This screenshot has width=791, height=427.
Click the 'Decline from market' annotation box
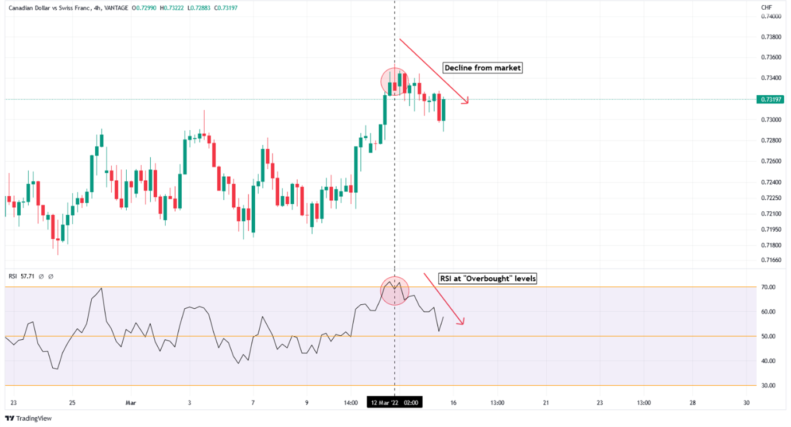[x=483, y=68]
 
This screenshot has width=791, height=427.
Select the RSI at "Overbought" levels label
[x=488, y=279]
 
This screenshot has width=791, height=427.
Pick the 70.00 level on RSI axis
[x=768, y=287]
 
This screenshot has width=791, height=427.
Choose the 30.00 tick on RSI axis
[x=768, y=386]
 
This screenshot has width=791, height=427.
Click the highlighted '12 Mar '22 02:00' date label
[x=395, y=403]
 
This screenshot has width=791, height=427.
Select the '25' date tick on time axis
[x=72, y=403]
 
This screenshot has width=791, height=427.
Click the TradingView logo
[x=29, y=418]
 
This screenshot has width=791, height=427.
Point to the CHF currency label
[x=766, y=7]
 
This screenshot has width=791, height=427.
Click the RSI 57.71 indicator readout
[x=22, y=276]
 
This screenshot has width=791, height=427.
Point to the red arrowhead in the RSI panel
[x=461, y=323]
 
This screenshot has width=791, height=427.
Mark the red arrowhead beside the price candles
[x=467, y=102]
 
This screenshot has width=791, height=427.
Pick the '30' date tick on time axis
[x=746, y=403]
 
